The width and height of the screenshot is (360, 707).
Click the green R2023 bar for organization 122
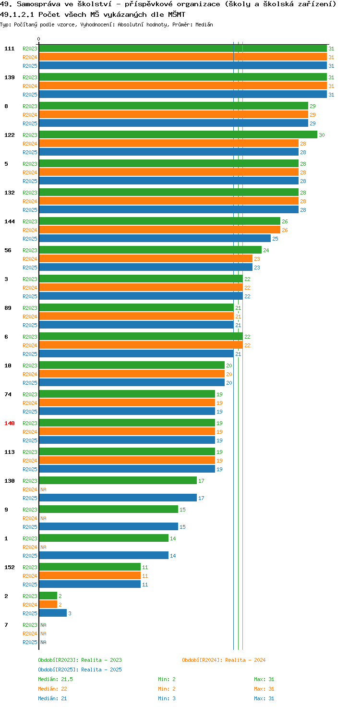(178, 135)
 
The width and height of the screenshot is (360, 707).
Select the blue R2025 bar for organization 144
(155, 239)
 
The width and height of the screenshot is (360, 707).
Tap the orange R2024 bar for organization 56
(146, 259)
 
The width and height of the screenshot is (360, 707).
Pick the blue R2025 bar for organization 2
(53, 613)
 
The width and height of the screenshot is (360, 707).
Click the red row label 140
(10, 423)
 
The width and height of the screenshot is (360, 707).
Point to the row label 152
(10, 567)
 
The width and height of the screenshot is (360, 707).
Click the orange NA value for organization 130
(44, 489)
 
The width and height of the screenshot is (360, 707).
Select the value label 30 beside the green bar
(322, 135)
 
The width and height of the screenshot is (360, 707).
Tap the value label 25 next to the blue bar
(276, 239)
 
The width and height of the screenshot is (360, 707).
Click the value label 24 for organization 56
(266, 250)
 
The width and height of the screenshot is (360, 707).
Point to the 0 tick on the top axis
(38, 39)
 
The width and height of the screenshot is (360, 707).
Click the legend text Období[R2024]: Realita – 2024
(224, 660)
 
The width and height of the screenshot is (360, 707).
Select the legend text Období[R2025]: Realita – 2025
(80, 670)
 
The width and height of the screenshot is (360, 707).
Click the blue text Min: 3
(167, 698)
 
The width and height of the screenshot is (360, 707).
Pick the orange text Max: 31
(264, 689)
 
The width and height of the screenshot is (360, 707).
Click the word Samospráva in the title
(38, 4)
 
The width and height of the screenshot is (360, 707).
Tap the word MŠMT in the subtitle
(177, 14)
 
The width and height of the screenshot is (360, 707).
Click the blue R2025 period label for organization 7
(30, 642)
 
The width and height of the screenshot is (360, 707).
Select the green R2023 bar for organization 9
(108, 510)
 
